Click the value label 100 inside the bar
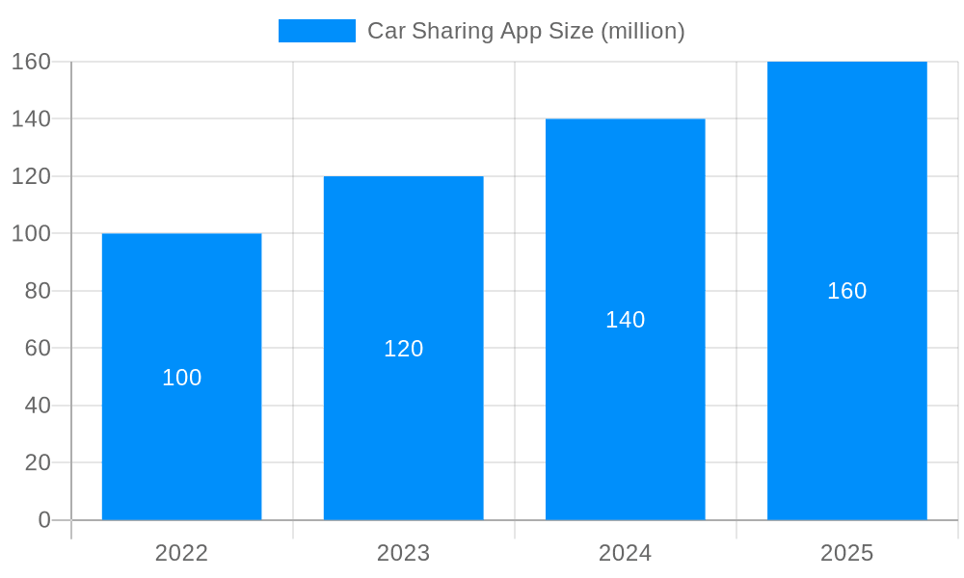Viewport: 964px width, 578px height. point(181,378)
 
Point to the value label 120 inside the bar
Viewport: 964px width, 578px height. point(403,349)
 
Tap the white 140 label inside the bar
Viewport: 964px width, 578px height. point(625,320)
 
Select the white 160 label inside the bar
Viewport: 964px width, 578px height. point(846,291)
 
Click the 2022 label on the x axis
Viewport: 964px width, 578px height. point(181,553)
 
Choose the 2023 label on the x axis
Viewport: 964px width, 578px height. point(403,553)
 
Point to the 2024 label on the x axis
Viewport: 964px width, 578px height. point(625,553)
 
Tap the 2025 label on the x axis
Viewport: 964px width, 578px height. point(846,553)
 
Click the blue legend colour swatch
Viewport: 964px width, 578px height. point(316,31)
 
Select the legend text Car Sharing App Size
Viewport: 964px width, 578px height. point(480,31)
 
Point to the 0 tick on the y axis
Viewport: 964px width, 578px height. point(44,520)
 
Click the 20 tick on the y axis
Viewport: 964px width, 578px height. point(38,462)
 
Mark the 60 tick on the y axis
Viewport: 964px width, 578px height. point(38,348)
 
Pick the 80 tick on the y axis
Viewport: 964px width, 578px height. point(38,291)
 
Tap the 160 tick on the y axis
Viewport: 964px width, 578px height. point(31,62)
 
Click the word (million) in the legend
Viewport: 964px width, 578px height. point(642,31)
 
